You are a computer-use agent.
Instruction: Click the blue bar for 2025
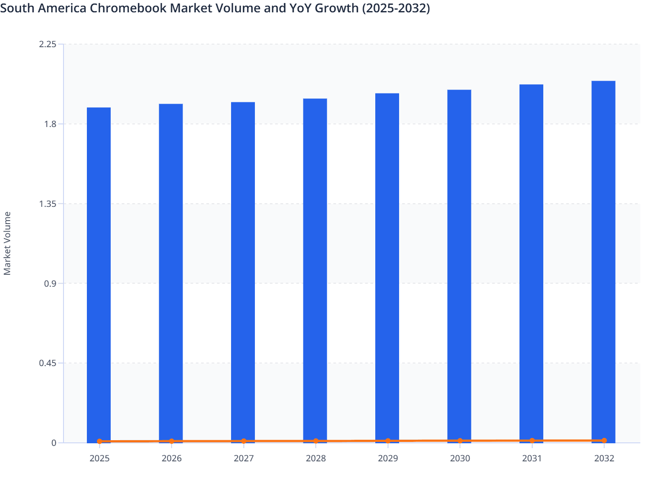[99, 273]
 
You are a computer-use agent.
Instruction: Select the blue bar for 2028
[315, 269]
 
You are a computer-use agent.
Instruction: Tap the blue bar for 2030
[459, 265]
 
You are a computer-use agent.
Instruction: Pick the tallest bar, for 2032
[603, 260]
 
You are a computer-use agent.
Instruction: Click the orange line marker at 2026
[172, 441]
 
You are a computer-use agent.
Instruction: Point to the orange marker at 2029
[388, 441]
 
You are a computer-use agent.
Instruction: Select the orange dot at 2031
[532, 441]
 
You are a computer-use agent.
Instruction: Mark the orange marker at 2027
[243, 441]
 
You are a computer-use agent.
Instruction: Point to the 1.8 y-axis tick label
[50, 124]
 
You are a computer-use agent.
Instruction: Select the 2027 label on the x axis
[243, 458]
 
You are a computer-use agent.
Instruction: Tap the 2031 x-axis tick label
[532, 458]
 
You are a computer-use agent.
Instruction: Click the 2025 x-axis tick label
[99, 458]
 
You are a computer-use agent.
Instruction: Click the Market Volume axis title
[7, 243]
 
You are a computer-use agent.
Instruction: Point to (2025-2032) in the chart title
[396, 8]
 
